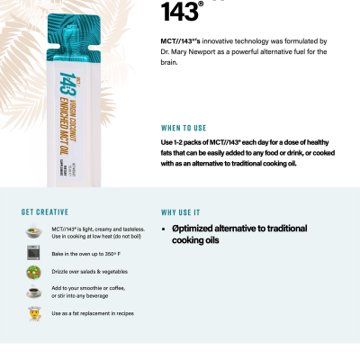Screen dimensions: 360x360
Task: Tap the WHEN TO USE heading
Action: [x=184, y=128]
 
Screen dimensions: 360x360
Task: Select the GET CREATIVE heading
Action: [x=41, y=212]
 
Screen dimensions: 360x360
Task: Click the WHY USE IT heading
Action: [x=181, y=212]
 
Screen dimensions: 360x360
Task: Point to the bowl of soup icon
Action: [x=32, y=232]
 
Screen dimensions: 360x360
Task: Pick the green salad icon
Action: [x=32, y=272]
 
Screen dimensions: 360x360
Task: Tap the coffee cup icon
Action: [x=32, y=292]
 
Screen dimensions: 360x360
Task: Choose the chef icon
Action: [x=32, y=312]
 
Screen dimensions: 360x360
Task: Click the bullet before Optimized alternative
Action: [x=164, y=229]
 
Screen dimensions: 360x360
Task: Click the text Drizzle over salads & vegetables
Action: [x=89, y=272]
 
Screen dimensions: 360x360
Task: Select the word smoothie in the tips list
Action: [x=93, y=288]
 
